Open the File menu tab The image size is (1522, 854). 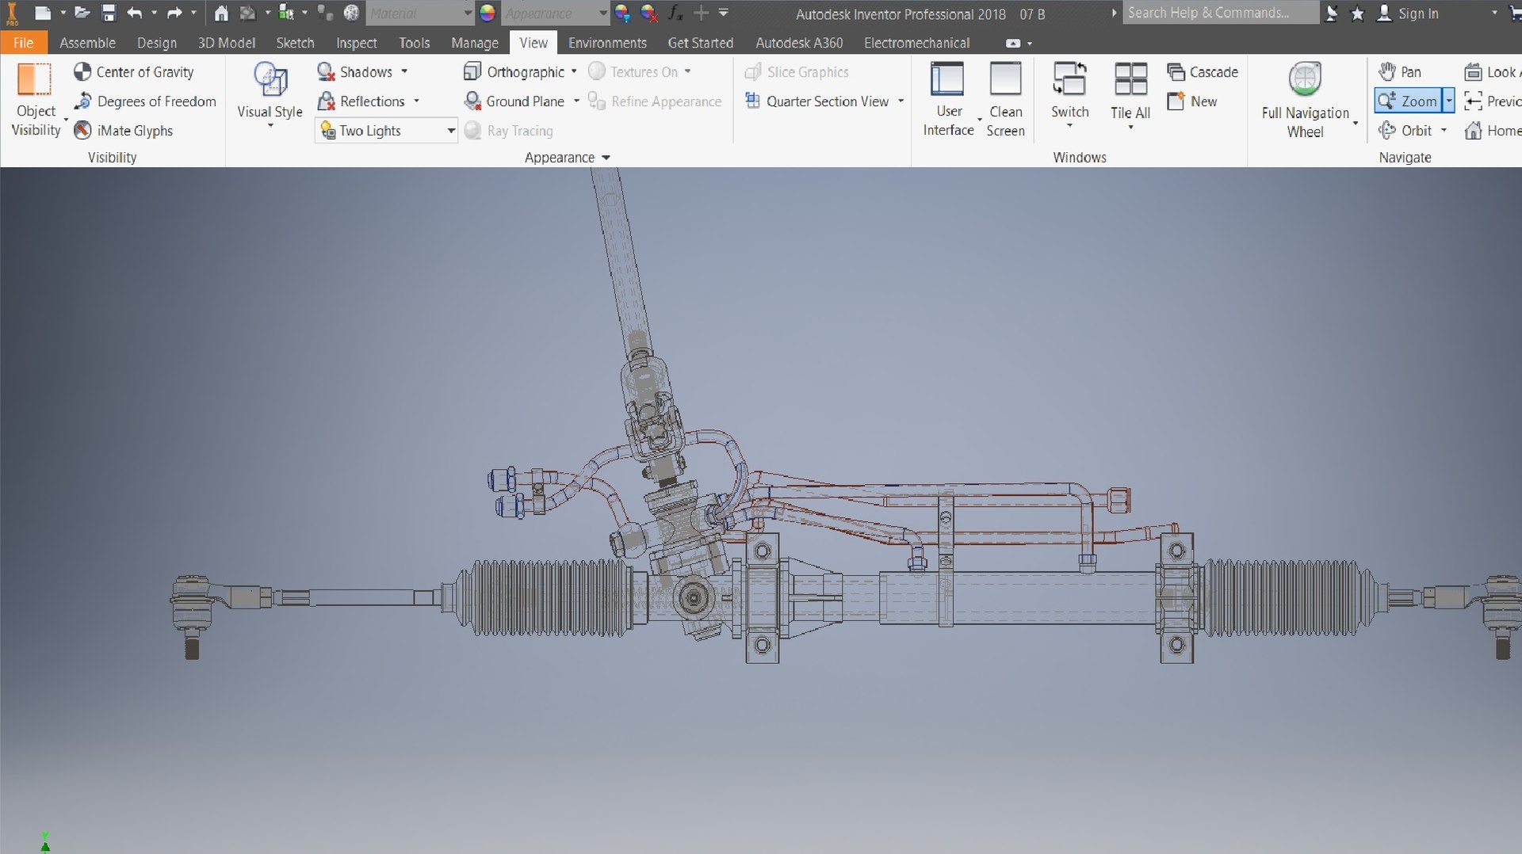[23, 43]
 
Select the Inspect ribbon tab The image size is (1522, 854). [356, 43]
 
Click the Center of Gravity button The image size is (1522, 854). [134, 72]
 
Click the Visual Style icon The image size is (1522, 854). [270, 81]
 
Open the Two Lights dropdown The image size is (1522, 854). [450, 131]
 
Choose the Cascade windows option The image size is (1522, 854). [1203, 72]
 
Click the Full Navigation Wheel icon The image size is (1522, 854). [1305, 79]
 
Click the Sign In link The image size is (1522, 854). [1417, 13]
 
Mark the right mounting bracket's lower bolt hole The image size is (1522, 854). [1176, 645]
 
